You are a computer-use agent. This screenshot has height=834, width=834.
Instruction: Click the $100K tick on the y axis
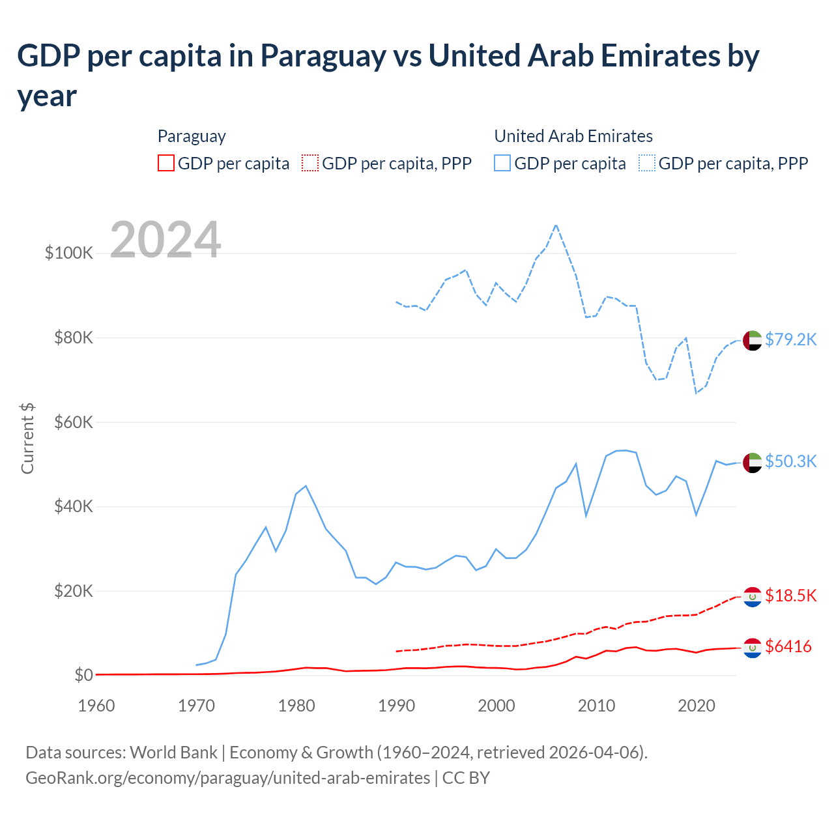68,253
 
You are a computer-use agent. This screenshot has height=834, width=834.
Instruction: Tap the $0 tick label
83,675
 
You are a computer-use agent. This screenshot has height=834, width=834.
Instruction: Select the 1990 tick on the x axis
396,706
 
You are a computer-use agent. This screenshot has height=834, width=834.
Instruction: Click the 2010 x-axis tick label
596,706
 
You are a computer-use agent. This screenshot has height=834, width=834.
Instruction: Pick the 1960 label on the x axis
96,706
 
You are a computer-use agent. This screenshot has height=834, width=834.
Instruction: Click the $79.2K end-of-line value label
790,339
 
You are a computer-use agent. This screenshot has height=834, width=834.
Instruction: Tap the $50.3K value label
790,461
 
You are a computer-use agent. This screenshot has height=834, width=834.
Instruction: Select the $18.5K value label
790,596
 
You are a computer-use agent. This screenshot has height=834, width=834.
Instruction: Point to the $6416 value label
788,646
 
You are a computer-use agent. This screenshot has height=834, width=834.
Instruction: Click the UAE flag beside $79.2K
753,340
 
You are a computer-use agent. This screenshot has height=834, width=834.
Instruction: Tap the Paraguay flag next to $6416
753,648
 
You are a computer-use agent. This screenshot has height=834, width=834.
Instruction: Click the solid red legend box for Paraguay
166,163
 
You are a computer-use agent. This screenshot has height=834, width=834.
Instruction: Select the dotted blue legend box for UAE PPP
647,163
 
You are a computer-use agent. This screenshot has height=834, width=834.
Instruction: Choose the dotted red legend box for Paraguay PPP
310,163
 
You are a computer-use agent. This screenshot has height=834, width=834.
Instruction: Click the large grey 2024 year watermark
165,240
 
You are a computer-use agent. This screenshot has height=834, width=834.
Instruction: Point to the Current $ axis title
27,438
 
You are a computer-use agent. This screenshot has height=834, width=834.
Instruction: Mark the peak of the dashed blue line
556,225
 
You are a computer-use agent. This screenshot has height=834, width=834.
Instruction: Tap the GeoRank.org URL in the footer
227,778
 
